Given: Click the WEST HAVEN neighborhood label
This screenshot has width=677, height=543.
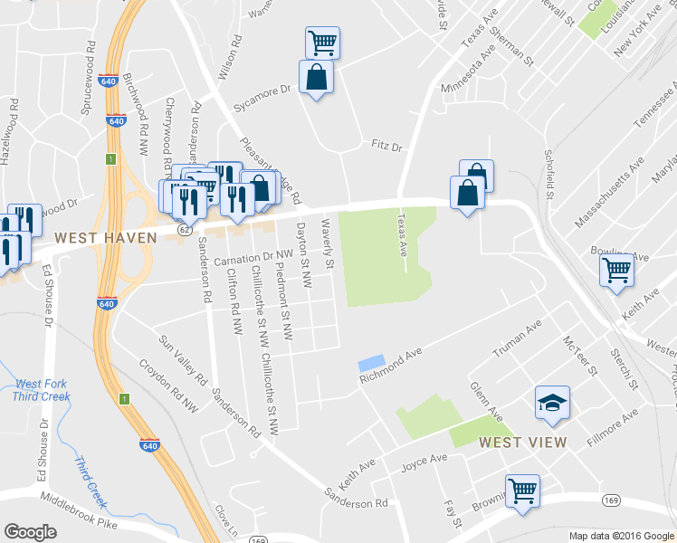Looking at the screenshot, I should [x=106, y=238].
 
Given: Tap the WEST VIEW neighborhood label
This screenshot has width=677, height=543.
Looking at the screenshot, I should [x=522, y=443].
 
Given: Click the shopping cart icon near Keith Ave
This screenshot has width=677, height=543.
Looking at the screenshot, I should [x=616, y=269].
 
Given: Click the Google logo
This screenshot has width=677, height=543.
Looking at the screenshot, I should [x=31, y=532].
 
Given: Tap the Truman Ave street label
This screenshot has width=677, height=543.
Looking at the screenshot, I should [x=516, y=338].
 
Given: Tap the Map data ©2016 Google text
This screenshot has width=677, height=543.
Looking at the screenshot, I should [x=621, y=536].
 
